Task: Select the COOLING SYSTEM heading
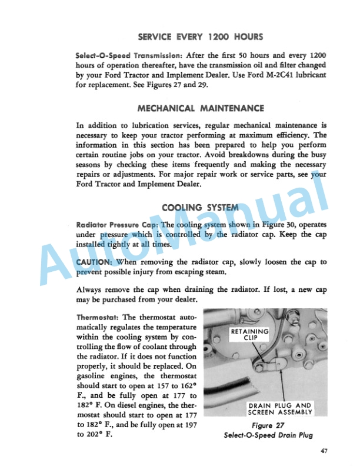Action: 200,207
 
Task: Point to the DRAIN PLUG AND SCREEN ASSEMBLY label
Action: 280,409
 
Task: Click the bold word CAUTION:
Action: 95,261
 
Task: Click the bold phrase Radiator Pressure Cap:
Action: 117,225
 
